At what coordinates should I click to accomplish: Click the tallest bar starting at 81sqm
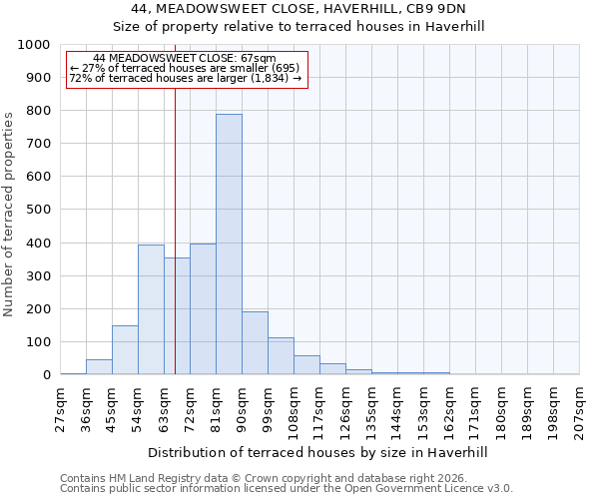[x=229, y=245]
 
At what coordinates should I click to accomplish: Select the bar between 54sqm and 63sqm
[x=151, y=309]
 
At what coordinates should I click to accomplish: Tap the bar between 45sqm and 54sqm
[x=125, y=350]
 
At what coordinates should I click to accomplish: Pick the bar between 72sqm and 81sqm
[x=203, y=309]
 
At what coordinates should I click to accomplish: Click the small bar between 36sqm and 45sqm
[x=99, y=367]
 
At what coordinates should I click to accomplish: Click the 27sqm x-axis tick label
[x=61, y=409]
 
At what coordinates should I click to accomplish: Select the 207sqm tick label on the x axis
[x=580, y=409]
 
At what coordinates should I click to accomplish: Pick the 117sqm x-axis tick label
[x=320, y=409]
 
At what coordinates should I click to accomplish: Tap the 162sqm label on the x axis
[x=450, y=409]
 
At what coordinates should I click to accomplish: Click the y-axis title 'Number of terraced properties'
[x=9, y=214]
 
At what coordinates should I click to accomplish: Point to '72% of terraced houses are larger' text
[x=186, y=78]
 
